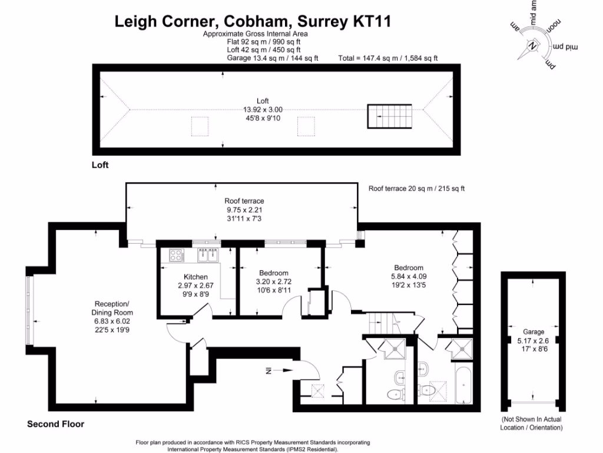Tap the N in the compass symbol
point(533,45)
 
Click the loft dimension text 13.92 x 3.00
point(263,109)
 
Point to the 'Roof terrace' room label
point(244,201)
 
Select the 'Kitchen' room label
point(196,277)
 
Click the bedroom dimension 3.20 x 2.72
point(274,282)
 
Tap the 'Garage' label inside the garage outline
point(533,332)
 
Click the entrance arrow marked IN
point(279,371)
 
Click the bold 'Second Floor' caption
point(55,424)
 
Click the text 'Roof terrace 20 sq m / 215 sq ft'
point(416,189)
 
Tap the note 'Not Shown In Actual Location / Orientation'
point(531,423)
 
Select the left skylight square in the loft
point(200,126)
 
